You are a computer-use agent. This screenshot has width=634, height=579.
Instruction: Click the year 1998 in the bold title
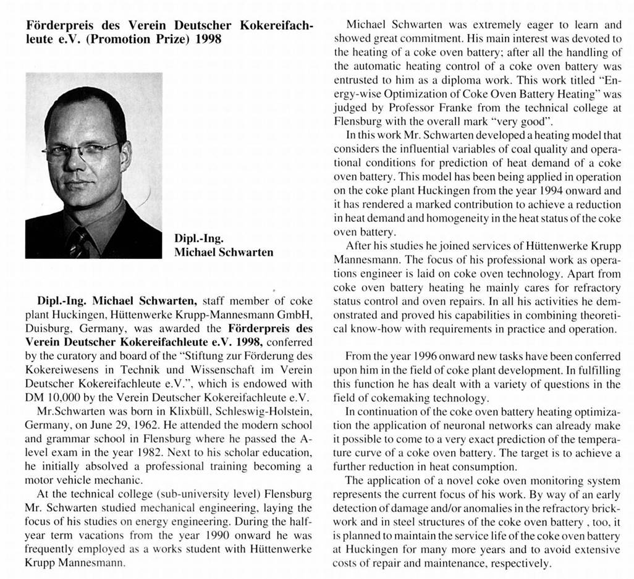point(206,39)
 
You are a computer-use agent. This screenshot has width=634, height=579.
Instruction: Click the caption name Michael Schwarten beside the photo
point(224,252)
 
